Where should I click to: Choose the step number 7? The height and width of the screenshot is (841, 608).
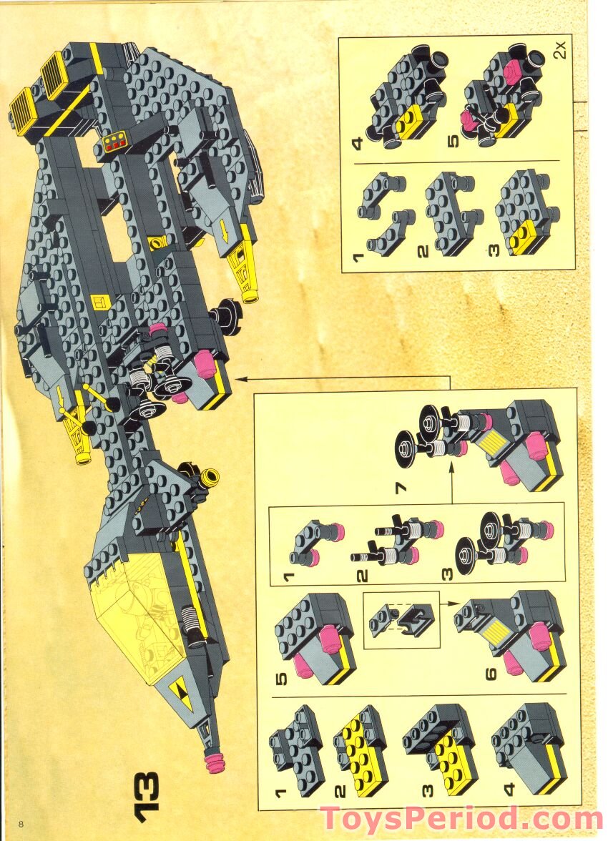pos(401,488)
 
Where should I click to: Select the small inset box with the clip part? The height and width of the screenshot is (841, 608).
pos(401,620)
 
